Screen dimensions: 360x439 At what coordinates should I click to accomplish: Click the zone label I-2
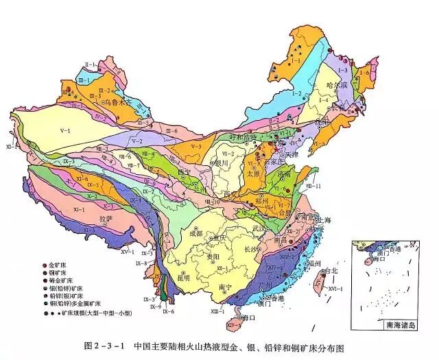coord(296,93)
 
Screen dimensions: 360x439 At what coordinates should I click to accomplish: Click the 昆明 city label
coord(182,278)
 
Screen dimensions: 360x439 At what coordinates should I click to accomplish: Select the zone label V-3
coord(195,146)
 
